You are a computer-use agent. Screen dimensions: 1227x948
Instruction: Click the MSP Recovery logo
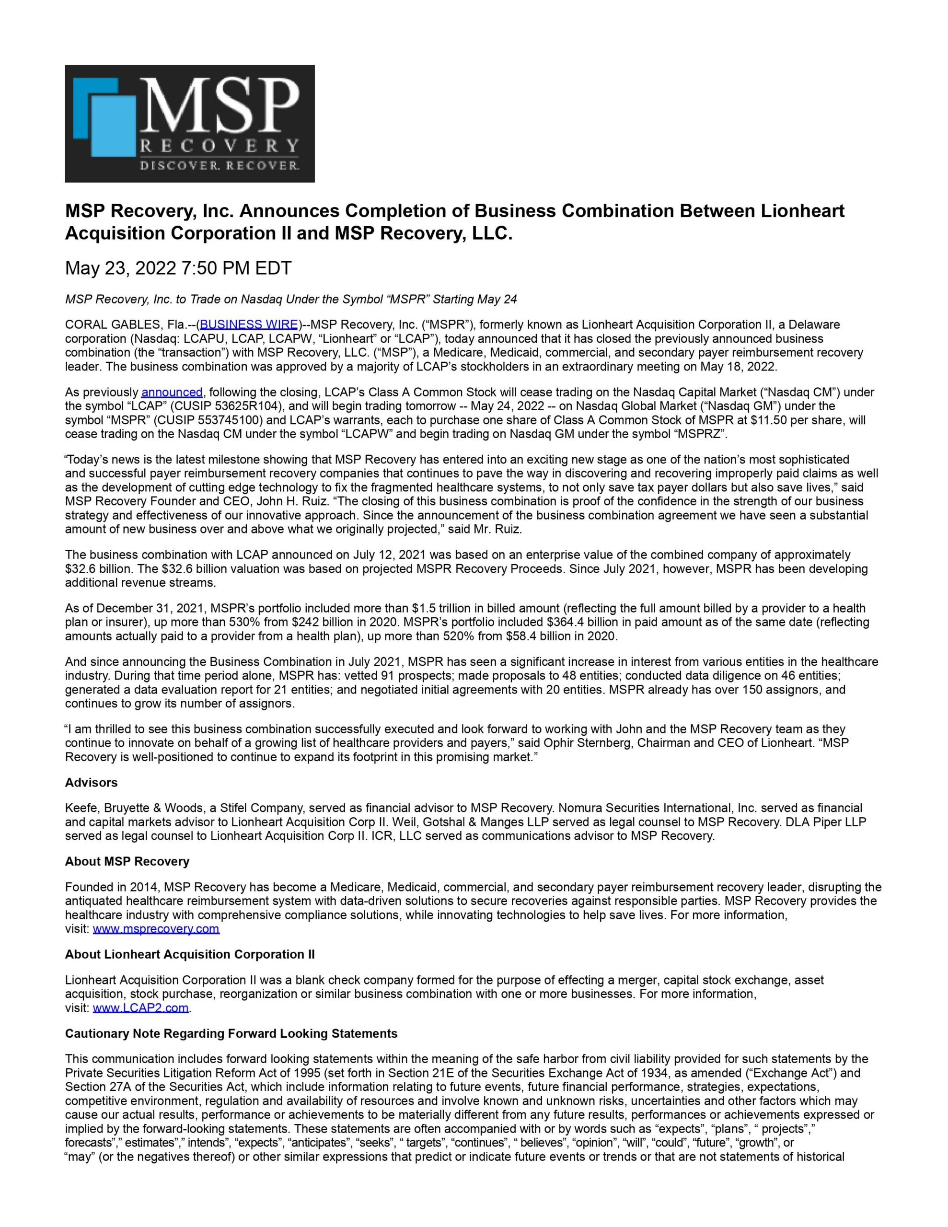click(189, 124)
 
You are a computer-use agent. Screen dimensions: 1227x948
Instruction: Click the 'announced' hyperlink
click(172, 392)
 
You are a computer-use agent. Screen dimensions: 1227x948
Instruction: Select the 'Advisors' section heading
click(92, 783)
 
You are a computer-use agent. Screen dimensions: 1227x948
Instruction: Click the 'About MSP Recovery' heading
click(127, 861)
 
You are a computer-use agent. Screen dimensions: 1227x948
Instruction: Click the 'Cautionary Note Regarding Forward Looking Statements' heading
click(231, 1034)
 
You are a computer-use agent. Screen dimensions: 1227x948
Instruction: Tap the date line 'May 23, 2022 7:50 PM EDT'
click(178, 268)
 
